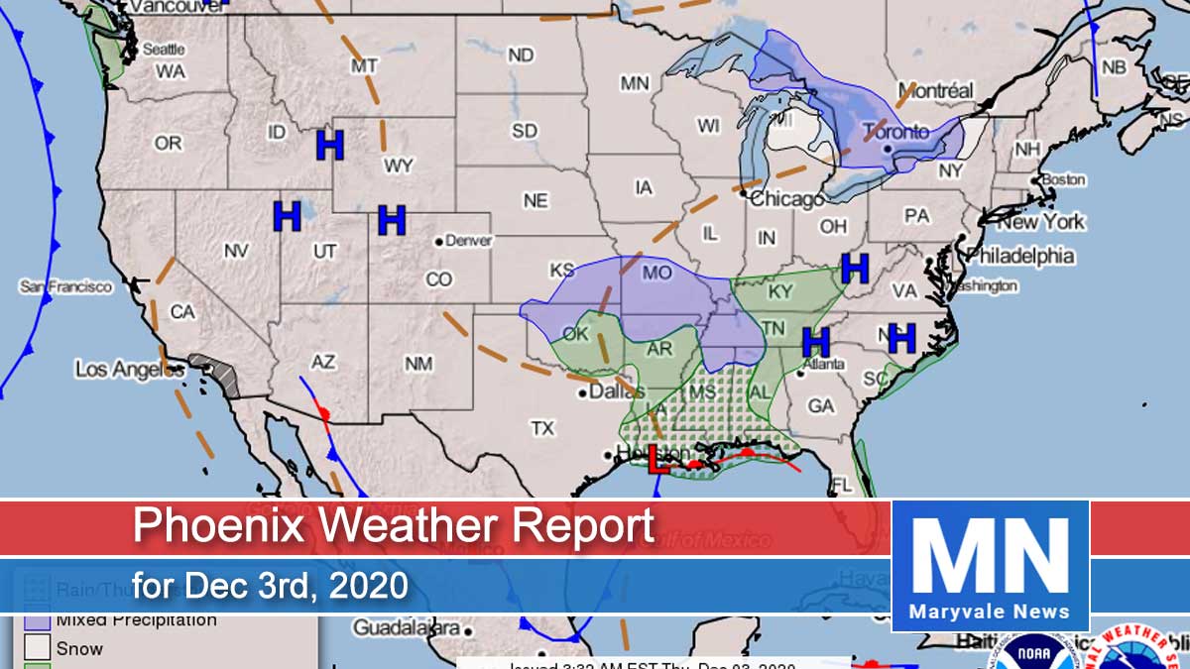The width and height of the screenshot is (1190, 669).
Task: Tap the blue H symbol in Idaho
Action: (x=329, y=145)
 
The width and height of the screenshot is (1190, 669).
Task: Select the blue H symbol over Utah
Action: (x=287, y=216)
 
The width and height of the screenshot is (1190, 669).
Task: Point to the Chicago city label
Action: (x=785, y=199)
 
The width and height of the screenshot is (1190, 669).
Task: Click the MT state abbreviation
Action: (x=364, y=65)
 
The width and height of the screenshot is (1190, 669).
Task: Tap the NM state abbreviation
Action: (x=418, y=364)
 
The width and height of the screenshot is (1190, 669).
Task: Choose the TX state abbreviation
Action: (x=541, y=429)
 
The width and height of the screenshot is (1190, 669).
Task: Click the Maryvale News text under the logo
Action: (x=991, y=612)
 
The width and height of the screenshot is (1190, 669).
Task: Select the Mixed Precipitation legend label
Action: (x=136, y=620)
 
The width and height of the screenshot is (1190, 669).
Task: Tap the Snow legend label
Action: (x=79, y=649)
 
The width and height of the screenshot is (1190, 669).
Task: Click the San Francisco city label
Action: (x=66, y=286)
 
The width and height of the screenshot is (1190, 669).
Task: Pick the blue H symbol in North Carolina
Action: (x=901, y=338)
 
